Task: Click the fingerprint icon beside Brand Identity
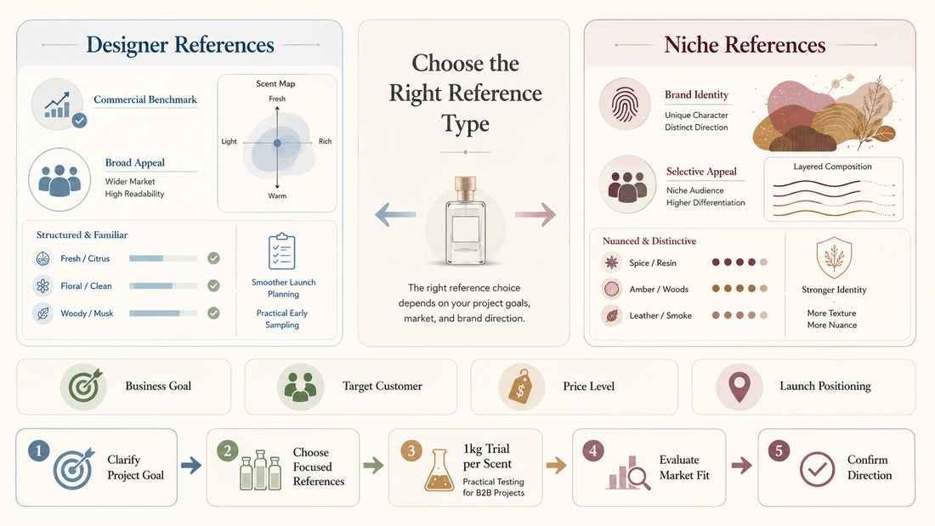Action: pos(625,105)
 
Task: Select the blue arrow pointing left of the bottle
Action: pos(395,214)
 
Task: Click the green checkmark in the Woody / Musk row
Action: pos(213,313)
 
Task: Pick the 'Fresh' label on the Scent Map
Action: pos(277,99)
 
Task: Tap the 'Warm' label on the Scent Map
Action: pos(277,195)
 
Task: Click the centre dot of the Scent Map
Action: pos(277,143)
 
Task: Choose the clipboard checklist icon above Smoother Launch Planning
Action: pos(282,252)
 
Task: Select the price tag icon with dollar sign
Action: pos(520,387)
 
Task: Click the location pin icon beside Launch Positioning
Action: pos(739,387)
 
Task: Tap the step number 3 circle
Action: pos(411,451)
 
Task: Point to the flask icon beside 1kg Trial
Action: pos(439,471)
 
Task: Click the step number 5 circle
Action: pos(779,451)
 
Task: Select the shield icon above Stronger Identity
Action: pos(834,257)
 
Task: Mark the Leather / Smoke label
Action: pos(660,315)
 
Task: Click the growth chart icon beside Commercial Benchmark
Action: pos(58,105)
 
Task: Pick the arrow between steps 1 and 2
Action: pos(190,465)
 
